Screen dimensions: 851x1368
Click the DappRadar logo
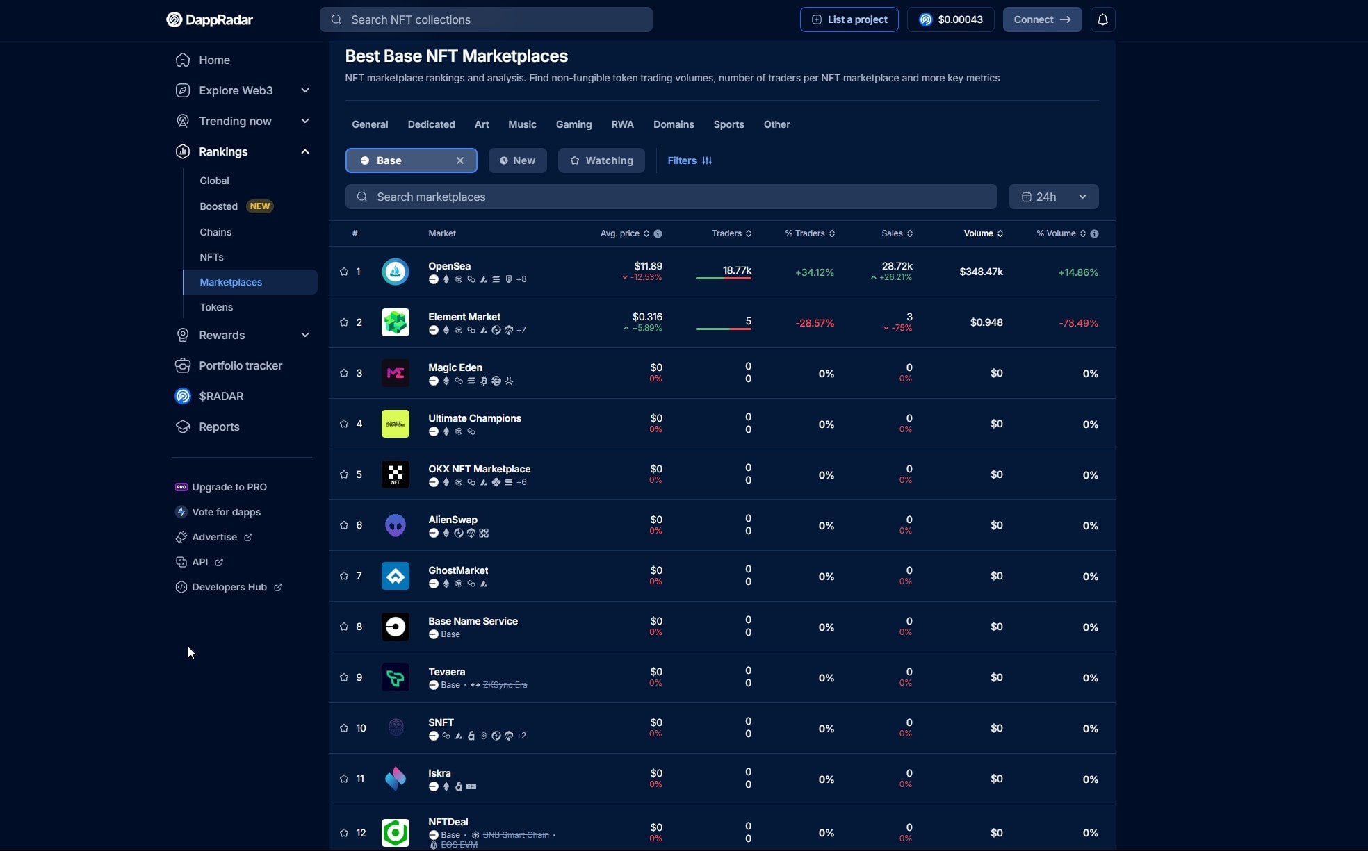[209, 19]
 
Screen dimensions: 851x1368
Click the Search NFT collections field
[486, 19]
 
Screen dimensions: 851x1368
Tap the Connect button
[1041, 19]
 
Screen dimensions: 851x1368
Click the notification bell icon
[1102, 19]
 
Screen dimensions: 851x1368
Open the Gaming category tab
[573, 124]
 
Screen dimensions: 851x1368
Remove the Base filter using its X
[460, 160]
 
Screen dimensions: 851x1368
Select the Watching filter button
[601, 160]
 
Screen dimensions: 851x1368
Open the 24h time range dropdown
[1053, 197]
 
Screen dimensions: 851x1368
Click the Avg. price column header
[620, 233]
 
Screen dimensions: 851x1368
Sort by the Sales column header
[893, 233]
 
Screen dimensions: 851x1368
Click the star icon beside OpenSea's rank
[344, 272]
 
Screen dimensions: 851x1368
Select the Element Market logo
[396, 322]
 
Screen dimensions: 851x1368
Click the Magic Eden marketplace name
[455, 367]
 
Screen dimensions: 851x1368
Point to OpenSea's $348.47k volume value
[981, 272]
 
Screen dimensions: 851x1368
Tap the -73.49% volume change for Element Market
[1078, 323]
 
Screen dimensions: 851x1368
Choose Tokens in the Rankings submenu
[216, 307]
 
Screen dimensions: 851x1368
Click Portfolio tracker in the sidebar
[241, 365]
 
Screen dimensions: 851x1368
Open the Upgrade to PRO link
[229, 487]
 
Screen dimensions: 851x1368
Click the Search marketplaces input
[671, 197]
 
